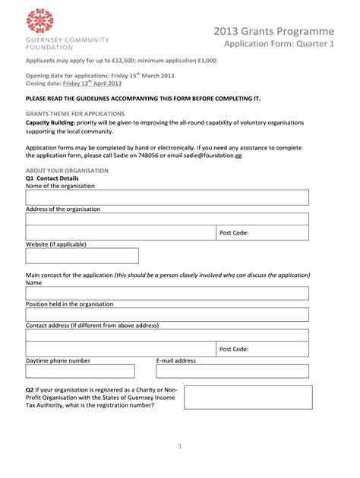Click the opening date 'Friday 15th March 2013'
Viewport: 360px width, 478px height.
(x=140, y=77)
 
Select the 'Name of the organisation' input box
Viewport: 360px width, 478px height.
(x=167, y=197)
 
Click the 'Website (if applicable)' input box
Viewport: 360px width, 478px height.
(x=82, y=256)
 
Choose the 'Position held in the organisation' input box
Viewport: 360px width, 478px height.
(x=167, y=315)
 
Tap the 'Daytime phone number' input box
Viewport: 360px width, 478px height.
(x=80, y=371)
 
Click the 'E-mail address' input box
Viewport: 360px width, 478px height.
(x=232, y=371)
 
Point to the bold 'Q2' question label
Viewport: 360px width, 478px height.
(x=30, y=390)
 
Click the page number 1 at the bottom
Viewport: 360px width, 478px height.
(x=180, y=447)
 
